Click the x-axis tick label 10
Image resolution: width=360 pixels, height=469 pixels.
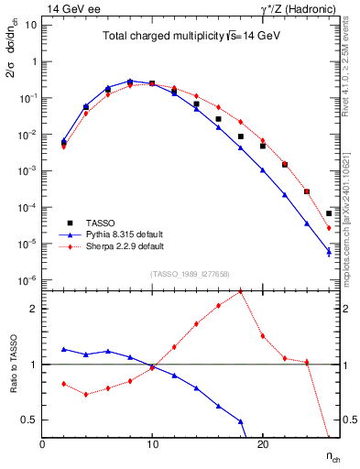pos(152,444)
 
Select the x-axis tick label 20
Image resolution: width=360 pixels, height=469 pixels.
pos(262,444)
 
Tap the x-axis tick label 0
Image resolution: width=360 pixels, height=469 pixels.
pos(42,444)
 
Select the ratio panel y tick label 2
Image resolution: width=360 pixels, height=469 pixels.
pos(33,309)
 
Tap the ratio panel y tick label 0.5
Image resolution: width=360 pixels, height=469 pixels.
pos(29,420)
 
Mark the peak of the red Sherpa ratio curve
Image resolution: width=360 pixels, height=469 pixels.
pos(240,291)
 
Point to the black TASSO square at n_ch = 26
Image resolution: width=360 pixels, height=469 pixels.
pos(329,213)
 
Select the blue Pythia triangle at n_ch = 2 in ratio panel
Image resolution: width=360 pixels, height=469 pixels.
pos(64,349)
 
